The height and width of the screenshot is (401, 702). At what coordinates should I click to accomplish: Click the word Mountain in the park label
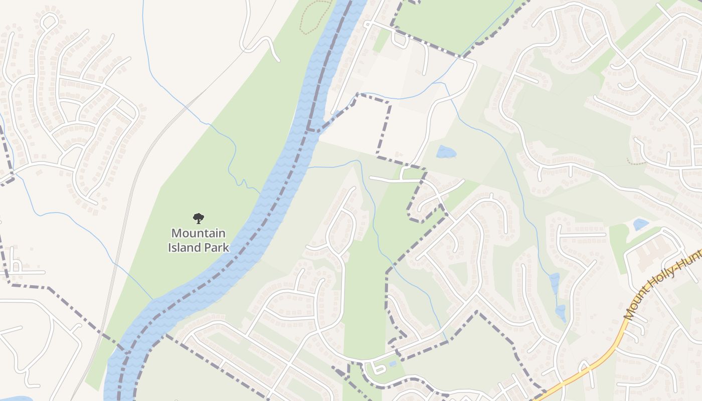[x=198, y=233]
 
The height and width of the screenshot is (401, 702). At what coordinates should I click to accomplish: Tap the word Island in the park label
[x=184, y=247]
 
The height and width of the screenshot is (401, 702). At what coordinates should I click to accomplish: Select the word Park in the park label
[x=215, y=247]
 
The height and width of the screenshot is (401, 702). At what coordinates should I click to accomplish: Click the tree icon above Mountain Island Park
[x=199, y=218]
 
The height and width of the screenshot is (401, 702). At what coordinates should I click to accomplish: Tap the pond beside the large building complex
[x=640, y=224]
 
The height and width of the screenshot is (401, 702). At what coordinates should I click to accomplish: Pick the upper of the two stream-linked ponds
[x=554, y=283]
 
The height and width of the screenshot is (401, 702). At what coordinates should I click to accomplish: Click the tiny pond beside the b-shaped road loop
[x=393, y=364]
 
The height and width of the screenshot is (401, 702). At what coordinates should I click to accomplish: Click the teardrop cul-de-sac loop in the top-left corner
[x=49, y=21]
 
